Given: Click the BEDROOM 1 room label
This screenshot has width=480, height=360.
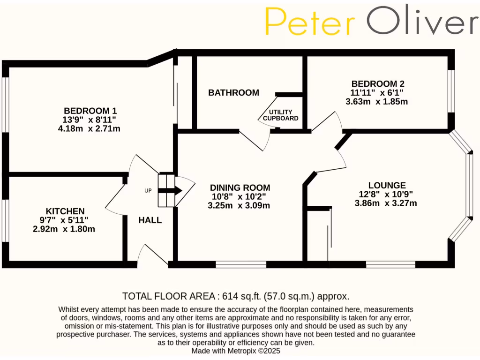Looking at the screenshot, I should pyautogui.click(x=90, y=111).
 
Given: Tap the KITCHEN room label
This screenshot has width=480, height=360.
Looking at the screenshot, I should pyautogui.click(x=65, y=211).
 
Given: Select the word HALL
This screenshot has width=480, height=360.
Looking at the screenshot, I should pyautogui.click(x=150, y=220).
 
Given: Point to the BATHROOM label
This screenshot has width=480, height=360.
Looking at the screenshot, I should pyautogui.click(x=233, y=93).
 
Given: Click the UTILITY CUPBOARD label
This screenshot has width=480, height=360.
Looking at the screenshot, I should pyautogui.click(x=281, y=115).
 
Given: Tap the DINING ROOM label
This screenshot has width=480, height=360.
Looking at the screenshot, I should pyautogui.click(x=240, y=187).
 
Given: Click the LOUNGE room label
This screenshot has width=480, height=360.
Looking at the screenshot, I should pyautogui.click(x=387, y=185).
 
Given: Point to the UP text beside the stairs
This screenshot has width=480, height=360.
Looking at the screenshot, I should pyautogui.click(x=148, y=191).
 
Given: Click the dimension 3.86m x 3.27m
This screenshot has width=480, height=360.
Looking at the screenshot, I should pyautogui.click(x=386, y=203).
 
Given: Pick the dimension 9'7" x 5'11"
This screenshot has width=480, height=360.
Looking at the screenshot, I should pyautogui.click(x=65, y=220).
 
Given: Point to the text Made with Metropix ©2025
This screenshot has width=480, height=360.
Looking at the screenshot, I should pyautogui.click(x=236, y=351).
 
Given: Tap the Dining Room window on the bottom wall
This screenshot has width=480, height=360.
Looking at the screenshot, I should pyautogui.click(x=241, y=265).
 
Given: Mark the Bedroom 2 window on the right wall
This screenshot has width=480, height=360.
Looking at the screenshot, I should pyautogui.click(x=451, y=91).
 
